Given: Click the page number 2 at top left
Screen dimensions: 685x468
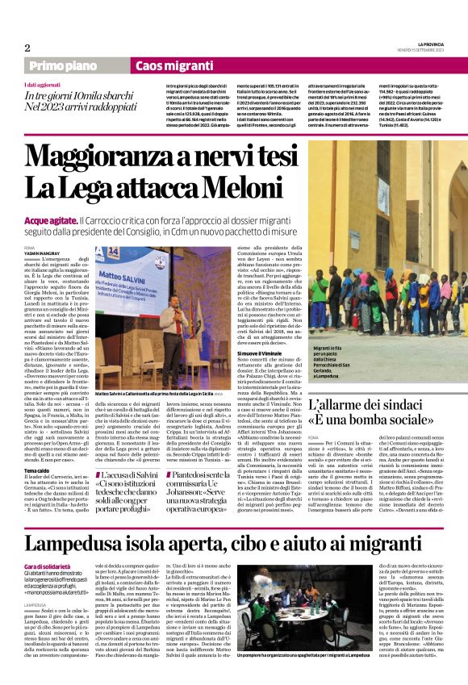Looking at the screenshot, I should [x=27, y=48].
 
